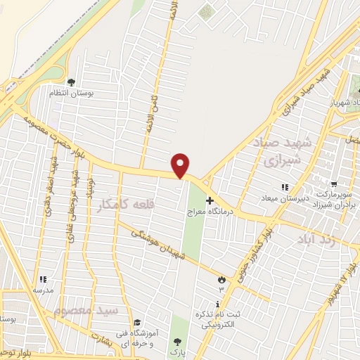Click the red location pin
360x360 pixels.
point(181,165)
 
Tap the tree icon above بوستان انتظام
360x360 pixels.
point(71,82)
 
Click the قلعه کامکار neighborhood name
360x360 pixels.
point(126,205)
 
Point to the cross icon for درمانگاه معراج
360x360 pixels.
point(209,200)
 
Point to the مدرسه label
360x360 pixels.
point(43,288)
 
